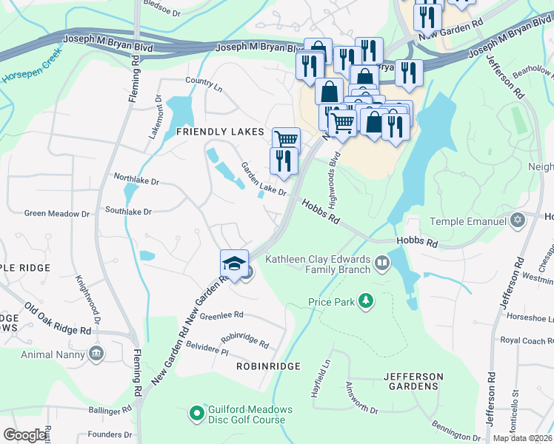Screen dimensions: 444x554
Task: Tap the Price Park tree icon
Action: point(364,300)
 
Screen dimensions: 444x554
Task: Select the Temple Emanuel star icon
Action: point(518,221)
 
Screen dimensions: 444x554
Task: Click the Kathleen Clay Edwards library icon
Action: point(381,262)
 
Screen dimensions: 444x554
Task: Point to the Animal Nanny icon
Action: point(95,353)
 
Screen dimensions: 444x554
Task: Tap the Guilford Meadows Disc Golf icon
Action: point(196,412)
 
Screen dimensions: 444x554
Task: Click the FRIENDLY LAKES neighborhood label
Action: point(220,131)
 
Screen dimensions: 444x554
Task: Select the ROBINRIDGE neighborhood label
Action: point(268,366)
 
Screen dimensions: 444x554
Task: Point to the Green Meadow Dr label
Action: point(56,214)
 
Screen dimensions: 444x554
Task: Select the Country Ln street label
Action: point(204,81)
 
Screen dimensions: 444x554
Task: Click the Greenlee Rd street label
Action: point(221,314)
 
